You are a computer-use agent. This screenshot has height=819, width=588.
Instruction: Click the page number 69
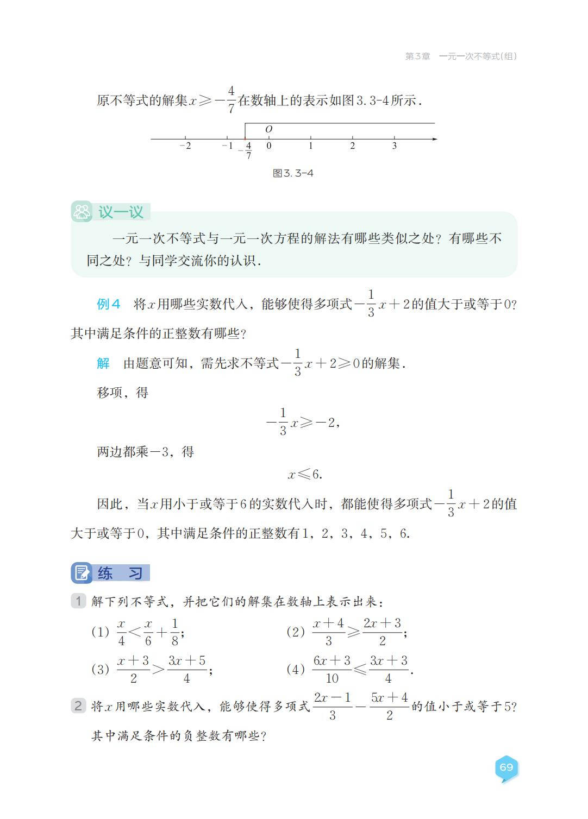click(506, 767)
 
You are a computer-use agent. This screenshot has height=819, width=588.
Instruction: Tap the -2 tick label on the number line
click(185, 146)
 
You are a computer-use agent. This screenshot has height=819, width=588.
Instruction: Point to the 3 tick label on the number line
click(395, 146)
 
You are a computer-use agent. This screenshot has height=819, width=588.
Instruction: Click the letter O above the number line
click(268, 129)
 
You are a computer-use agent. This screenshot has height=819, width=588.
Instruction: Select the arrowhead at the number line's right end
click(434, 140)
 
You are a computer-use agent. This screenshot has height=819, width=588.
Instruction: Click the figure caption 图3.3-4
click(293, 173)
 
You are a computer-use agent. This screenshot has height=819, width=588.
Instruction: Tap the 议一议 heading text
click(121, 212)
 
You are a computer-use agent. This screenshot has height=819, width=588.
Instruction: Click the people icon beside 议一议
click(82, 212)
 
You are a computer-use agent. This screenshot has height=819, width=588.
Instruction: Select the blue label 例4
click(108, 304)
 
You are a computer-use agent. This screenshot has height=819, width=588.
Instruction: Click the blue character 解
click(103, 363)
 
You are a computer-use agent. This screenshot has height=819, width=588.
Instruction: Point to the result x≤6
click(305, 475)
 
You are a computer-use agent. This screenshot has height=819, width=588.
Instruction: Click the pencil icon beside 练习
click(82, 572)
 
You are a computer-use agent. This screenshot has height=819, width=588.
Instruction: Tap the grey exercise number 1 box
click(78, 601)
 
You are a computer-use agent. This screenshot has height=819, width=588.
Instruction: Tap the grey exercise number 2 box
click(78, 706)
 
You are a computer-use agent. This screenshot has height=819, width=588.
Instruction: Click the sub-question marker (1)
click(100, 632)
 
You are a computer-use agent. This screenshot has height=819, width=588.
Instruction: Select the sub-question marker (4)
click(296, 669)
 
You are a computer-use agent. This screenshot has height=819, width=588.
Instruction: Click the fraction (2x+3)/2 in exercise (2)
click(383, 632)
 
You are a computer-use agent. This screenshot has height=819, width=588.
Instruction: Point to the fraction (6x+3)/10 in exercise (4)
click(332, 669)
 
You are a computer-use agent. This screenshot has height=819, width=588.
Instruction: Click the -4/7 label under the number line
click(247, 150)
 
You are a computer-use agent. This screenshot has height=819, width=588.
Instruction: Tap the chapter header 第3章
click(417, 56)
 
